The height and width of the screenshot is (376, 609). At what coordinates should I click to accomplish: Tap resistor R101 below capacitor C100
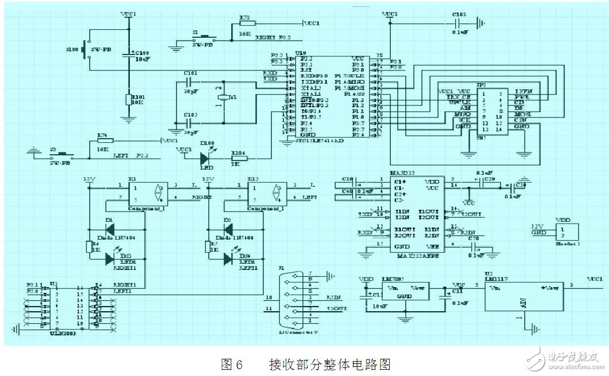click(x=129, y=100)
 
